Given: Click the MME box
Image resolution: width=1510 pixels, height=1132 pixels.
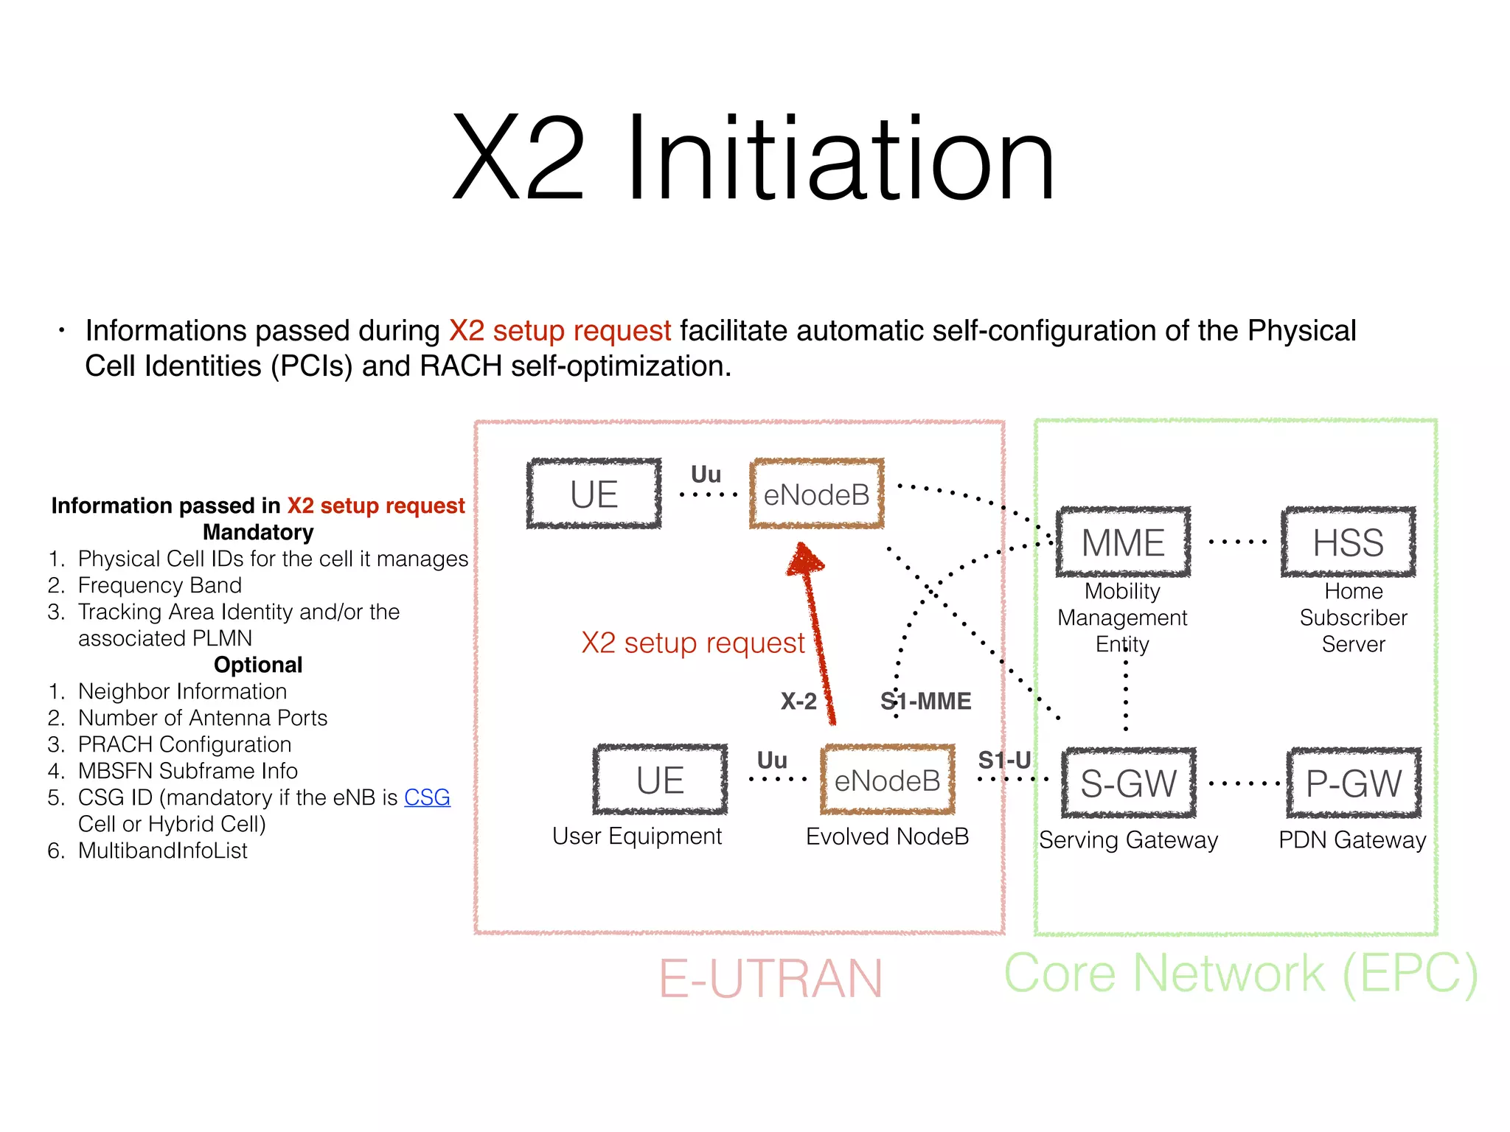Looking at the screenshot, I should pos(1123,542).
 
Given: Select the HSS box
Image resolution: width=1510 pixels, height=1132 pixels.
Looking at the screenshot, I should pos(1348,542).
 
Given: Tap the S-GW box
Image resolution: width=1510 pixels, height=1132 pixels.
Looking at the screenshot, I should pos(1128,783).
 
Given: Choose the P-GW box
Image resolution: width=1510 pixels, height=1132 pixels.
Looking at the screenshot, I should pos(1353,783).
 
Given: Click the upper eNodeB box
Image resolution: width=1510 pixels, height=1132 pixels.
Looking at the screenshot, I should pos(816,494).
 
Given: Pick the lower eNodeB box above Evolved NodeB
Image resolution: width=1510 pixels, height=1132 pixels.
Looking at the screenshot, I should pos(887,780).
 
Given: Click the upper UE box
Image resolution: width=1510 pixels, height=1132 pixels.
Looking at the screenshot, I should pos(594,494).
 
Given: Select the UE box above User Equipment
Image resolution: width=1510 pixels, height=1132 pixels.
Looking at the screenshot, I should pos(660,780).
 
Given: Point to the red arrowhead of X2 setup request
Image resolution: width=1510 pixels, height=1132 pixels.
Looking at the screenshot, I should pos(805,560).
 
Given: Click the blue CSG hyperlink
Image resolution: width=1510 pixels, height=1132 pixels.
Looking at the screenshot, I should pos(427,797).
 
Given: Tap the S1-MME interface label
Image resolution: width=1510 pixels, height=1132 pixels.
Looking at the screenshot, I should pos(926,701).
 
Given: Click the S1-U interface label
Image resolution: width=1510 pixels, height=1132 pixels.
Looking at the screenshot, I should pos(1004,760).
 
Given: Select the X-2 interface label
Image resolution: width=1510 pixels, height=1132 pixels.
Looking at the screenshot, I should pos(799,701).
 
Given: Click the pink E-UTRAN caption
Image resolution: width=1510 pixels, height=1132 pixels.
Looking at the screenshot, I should pos(770,979).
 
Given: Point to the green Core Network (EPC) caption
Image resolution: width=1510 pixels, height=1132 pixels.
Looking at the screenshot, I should pos(1241,974).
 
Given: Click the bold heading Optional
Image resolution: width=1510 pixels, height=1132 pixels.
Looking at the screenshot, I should pos(258,665).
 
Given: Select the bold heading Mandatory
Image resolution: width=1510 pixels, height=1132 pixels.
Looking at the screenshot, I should pos(258,532).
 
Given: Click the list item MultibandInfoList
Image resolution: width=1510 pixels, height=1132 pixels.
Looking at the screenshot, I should pos(162,850).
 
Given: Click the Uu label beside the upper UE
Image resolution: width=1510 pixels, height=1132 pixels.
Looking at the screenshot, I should pos(706,474).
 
